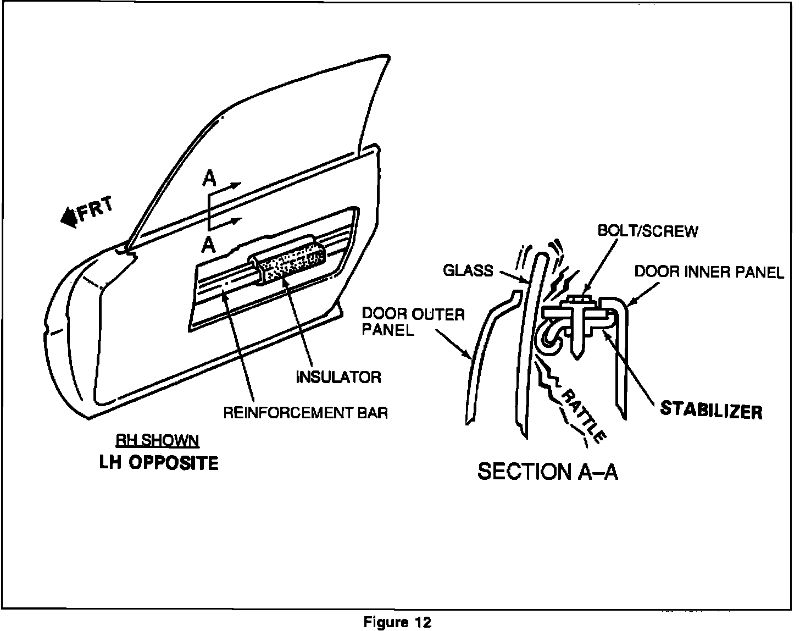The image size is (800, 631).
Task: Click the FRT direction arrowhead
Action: click(x=69, y=217)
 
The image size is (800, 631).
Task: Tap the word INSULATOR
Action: click(x=338, y=377)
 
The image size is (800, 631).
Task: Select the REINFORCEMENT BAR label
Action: click(x=305, y=412)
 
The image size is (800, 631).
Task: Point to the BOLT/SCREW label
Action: click(x=647, y=231)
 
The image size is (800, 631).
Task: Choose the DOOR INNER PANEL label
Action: click(x=709, y=272)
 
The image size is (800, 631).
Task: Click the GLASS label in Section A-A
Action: click(x=468, y=270)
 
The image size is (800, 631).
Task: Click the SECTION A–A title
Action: click(x=548, y=472)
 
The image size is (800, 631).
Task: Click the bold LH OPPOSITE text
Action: click(x=159, y=463)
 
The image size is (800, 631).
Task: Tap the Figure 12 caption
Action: click(x=398, y=622)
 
